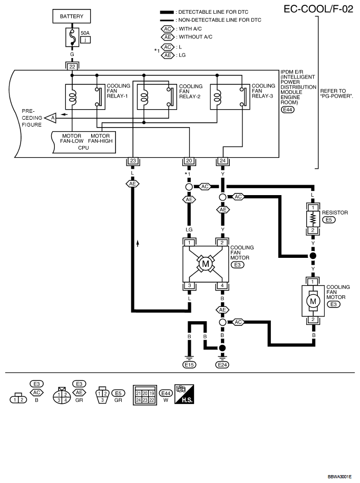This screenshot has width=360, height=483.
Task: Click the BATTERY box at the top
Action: point(72,16)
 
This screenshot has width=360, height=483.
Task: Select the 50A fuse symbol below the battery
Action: point(72,37)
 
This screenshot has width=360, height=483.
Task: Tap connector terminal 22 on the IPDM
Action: point(72,66)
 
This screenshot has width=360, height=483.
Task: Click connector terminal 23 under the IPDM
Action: point(133,161)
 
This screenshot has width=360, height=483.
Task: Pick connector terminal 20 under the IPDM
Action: point(189,161)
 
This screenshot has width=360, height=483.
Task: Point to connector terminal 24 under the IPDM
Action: point(222,161)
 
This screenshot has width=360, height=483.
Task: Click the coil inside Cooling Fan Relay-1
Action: point(72,96)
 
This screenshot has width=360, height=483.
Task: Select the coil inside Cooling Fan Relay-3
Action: point(217,96)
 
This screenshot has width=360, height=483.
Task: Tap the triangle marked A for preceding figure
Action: point(51,118)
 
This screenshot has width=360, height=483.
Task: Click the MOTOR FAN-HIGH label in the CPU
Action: point(100,138)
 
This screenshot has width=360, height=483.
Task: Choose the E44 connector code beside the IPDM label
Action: point(287,110)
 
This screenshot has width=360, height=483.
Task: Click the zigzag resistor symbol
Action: point(313,219)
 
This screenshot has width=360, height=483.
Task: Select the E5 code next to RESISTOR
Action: point(328,220)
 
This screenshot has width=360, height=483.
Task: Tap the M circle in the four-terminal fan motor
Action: point(206,264)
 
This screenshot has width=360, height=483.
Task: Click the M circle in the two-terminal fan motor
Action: point(313,301)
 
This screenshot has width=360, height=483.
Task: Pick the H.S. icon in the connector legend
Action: point(184,394)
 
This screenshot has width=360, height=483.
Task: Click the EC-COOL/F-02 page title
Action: point(318,9)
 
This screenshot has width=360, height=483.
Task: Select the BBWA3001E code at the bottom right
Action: point(339,477)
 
